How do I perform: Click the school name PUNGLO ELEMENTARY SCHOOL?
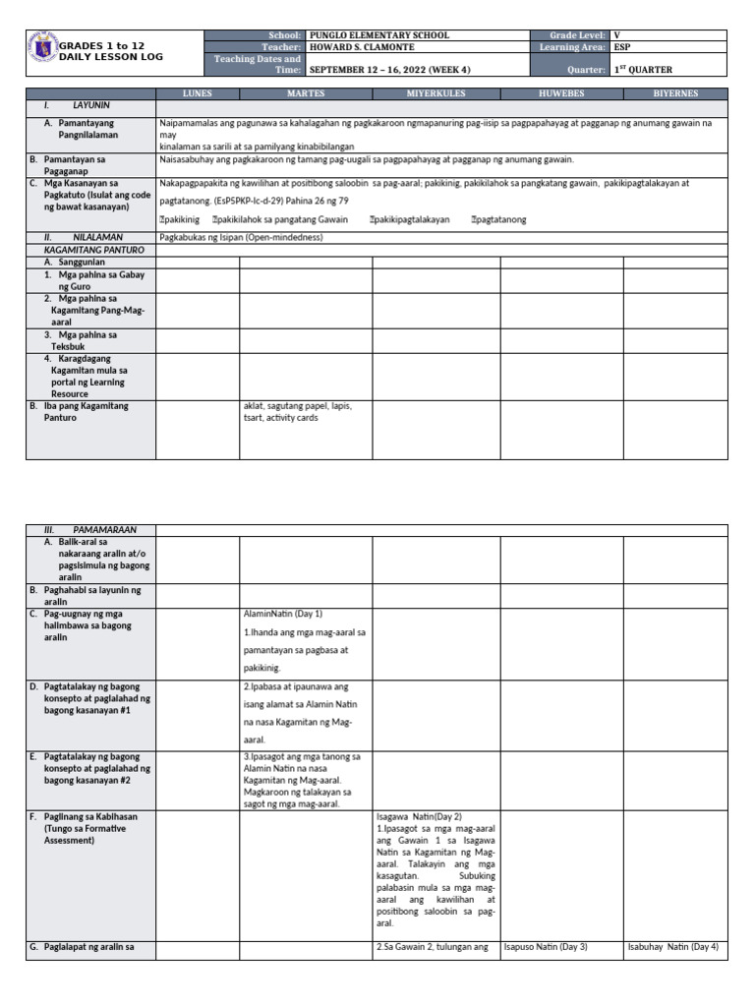pos(378,35)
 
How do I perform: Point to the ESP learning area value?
pos(623,47)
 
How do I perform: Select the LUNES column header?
pos(198,92)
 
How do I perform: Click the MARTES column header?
pos(306,92)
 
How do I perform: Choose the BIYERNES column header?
pos(676,92)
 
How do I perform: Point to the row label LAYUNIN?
pos(90,103)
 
